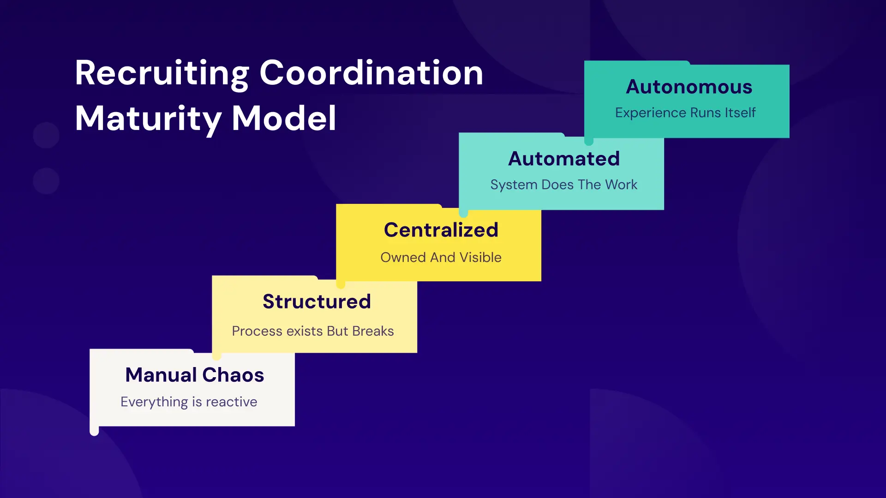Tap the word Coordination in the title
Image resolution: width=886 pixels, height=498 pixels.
click(371, 73)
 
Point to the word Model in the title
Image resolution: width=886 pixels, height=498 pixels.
click(284, 118)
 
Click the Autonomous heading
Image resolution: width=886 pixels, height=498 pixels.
click(689, 87)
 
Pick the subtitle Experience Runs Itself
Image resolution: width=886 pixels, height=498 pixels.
click(685, 113)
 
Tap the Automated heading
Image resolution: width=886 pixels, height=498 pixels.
click(563, 159)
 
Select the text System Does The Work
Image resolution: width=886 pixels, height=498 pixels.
click(563, 184)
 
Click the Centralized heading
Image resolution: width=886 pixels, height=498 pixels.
click(441, 230)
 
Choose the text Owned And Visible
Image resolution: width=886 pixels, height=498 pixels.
click(441, 257)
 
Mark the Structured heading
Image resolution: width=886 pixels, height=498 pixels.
click(317, 302)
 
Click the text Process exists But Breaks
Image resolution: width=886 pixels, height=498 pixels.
click(312, 331)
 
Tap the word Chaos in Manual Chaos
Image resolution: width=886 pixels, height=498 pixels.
click(233, 375)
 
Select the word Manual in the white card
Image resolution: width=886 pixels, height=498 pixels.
click(161, 375)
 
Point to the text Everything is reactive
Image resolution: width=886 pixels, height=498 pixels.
click(189, 402)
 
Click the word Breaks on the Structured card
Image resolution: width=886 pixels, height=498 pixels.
click(373, 331)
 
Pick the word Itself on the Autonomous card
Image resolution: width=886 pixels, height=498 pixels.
click(740, 113)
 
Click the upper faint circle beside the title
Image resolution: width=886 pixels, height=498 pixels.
click(46, 135)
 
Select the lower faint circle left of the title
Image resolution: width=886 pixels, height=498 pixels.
click(46, 181)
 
